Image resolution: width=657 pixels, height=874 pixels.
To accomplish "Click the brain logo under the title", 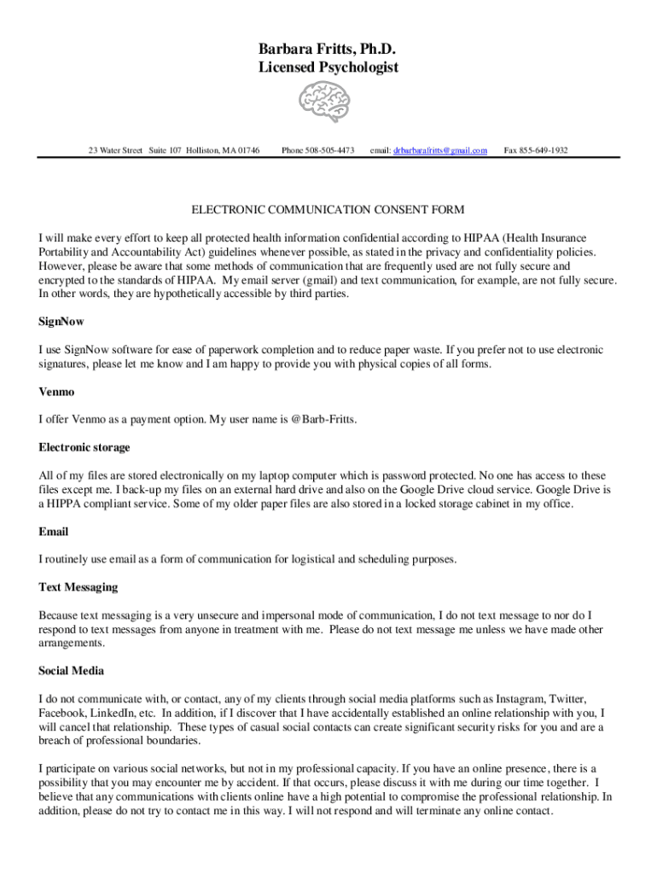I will [x=328, y=102].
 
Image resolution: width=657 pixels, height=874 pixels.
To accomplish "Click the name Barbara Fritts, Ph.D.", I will [x=328, y=48].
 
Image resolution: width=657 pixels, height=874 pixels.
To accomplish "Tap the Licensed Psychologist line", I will [x=328, y=67].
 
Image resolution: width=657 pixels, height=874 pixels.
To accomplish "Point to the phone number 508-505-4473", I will [x=330, y=150].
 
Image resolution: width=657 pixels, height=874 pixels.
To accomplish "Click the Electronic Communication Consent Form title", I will [x=328, y=210].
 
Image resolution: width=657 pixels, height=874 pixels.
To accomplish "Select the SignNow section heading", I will [x=61, y=322].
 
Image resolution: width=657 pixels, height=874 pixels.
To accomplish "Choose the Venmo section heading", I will [x=56, y=392].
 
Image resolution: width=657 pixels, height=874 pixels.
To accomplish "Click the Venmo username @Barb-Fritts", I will [x=323, y=420].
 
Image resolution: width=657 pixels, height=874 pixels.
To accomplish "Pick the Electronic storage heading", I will [x=84, y=447].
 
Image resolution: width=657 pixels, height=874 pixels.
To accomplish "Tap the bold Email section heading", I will [x=54, y=532].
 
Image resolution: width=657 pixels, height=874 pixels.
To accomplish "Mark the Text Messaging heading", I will [x=78, y=587].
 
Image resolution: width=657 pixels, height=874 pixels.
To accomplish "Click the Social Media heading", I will [x=72, y=671].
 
